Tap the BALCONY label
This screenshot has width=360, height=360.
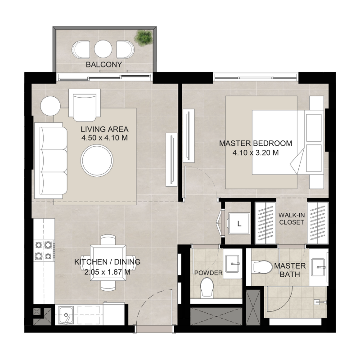pos(104,65)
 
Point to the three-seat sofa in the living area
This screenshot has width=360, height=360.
pos(50,161)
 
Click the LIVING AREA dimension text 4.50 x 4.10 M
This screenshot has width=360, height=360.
pos(105,138)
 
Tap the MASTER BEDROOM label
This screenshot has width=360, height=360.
pos(255,144)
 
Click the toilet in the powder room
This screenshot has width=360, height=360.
pos(207,287)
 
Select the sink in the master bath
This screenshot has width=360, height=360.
pos(320,267)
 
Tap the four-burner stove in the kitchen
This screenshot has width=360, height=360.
pos(44,250)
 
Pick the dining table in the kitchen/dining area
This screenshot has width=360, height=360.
pos(108,262)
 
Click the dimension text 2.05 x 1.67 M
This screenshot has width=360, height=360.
pos(108,271)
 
